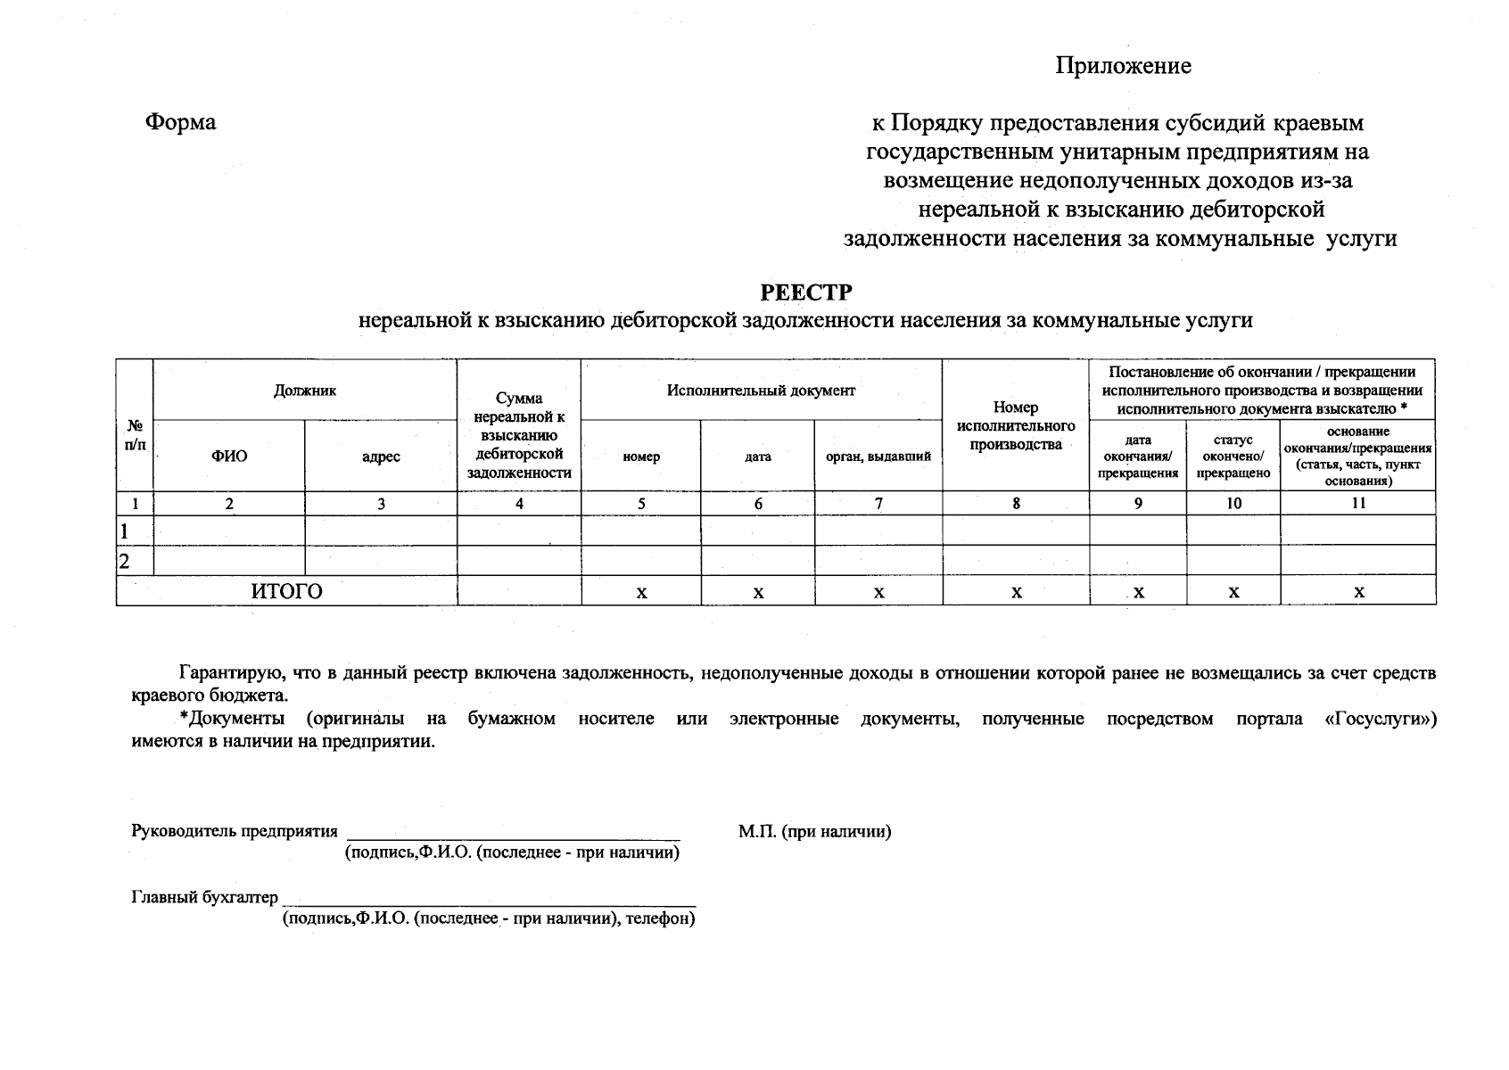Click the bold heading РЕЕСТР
tap(805, 292)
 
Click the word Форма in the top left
tap(180, 122)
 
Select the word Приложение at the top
tap(1123, 66)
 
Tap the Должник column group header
tap(305, 391)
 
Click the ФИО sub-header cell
tap(229, 457)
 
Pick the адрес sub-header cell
tap(381, 457)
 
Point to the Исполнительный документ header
tap(761, 391)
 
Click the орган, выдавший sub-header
tap(878, 457)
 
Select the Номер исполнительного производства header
tap(1016, 425)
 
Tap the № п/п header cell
tap(135, 434)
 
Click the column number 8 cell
tap(1016, 504)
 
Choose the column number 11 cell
tap(1357, 504)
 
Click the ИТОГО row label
tap(286, 591)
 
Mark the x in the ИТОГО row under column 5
tap(641, 592)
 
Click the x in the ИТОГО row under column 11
tap(1358, 592)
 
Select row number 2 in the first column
tap(125, 561)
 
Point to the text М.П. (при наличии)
tap(814, 832)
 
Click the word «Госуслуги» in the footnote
tap(1380, 719)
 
